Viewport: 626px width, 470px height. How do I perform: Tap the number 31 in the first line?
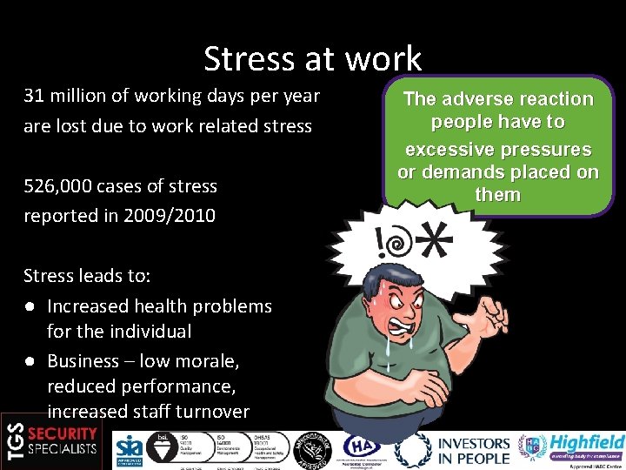34,96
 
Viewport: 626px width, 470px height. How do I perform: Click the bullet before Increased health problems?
30,306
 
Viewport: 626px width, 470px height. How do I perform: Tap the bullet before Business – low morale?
30,361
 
